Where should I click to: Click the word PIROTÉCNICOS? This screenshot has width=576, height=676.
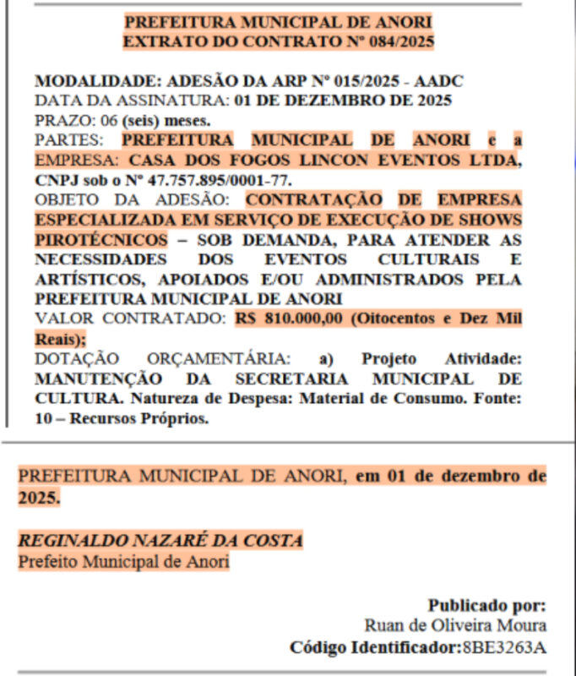(101, 239)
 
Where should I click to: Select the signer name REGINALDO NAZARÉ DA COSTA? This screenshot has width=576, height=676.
(160, 541)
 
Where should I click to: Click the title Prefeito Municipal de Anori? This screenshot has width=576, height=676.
(123, 561)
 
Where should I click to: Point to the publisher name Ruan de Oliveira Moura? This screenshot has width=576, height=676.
(455, 625)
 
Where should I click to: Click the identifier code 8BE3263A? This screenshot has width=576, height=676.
(503, 647)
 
